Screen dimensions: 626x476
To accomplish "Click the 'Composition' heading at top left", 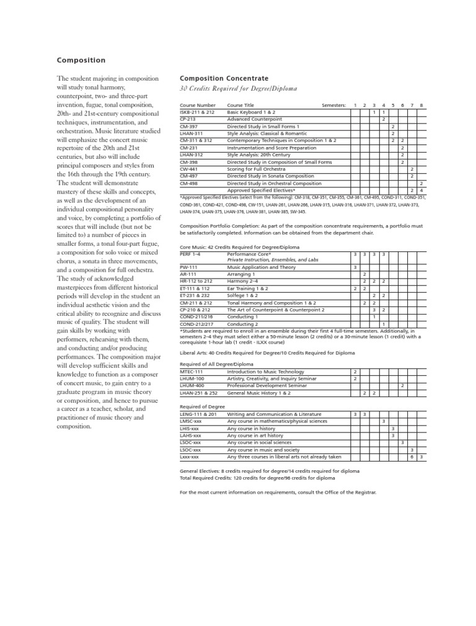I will coord(81,60).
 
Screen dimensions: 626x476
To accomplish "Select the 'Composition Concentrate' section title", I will coord(224,79).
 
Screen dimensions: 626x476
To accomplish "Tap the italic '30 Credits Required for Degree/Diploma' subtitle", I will coord(238,89).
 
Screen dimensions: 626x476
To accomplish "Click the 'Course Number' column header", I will coord(198,105).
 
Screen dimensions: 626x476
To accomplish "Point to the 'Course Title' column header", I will coord(240,105).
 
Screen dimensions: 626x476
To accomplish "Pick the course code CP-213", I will coord(188,118).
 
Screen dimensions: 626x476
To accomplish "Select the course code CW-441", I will coord(188,169).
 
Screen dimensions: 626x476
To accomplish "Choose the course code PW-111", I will coord(188,267).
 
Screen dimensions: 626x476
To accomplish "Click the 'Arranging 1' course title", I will coord(241,274).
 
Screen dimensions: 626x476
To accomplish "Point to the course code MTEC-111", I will coord(191,371).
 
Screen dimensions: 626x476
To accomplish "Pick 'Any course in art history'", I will coord(255,436).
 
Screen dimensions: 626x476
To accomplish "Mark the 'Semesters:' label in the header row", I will coord(333,105).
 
